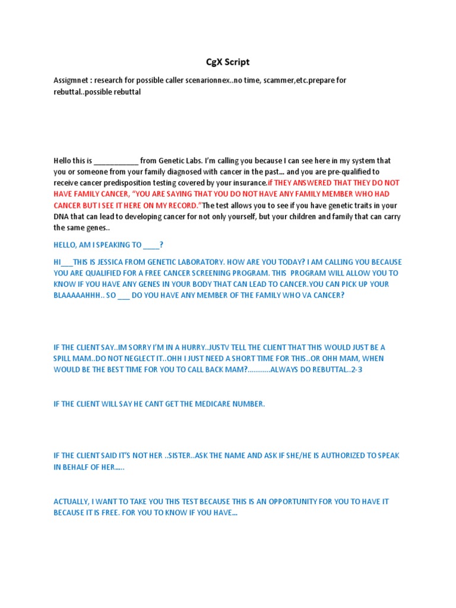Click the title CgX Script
pyautogui.click(x=227, y=62)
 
